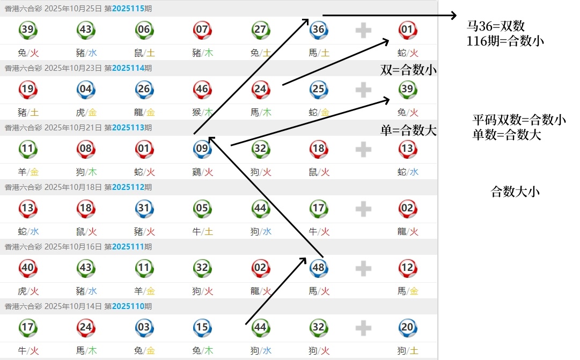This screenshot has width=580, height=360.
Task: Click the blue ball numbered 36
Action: click(x=319, y=30)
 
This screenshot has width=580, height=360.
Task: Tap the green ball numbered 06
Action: click(x=144, y=30)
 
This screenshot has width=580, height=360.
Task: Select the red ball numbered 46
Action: click(x=202, y=90)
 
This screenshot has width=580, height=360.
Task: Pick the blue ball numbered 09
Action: click(x=202, y=149)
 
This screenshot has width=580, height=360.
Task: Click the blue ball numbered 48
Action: click(x=319, y=268)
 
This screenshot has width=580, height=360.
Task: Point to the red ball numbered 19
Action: click(x=27, y=90)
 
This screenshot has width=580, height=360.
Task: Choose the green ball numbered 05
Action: click(x=202, y=209)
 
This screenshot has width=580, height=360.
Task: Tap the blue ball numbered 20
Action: click(x=407, y=328)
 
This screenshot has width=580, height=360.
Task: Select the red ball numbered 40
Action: click(x=27, y=268)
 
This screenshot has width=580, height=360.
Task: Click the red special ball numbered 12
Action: click(x=407, y=268)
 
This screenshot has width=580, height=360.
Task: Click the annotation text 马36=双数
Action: click(x=496, y=26)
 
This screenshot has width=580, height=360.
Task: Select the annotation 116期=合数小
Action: click(x=506, y=40)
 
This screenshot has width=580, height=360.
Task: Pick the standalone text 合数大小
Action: click(x=515, y=192)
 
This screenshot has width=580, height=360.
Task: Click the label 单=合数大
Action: click(x=408, y=130)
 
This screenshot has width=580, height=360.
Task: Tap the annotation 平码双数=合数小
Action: click(x=519, y=120)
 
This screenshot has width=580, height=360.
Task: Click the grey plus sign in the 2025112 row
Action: click(x=363, y=209)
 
